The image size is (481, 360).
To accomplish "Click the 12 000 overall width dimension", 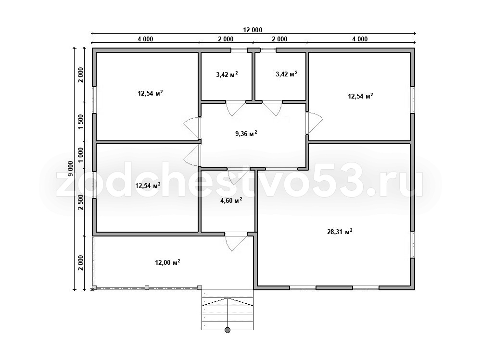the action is pyautogui.click(x=253, y=30).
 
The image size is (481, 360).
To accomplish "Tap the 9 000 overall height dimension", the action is pyautogui.click(x=71, y=168).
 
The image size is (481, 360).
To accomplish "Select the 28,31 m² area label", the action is pyautogui.click(x=340, y=232).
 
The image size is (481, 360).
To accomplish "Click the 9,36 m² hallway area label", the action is pyautogui.click(x=246, y=134).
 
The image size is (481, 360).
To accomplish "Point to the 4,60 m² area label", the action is pyautogui.click(x=231, y=200).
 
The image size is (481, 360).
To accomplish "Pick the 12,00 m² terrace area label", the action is pyautogui.click(x=167, y=262).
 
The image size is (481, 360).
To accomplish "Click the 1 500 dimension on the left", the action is pyautogui.click(x=81, y=122).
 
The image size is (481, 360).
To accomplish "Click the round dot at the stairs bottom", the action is pyautogui.click(x=228, y=330).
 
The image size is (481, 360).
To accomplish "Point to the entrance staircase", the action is pyautogui.click(x=228, y=310).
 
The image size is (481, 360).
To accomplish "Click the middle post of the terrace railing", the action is pyautogui.click(x=147, y=287).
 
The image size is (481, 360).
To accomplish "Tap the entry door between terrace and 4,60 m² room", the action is pyautogui.click(x=236, y=241).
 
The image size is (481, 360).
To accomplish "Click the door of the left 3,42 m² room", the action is pyautogui.click(x=236, y=108).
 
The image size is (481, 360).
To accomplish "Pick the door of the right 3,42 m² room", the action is pyautogui.click(x=272, y=108).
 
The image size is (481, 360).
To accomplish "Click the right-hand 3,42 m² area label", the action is pyautogui.click(x=287, y=74).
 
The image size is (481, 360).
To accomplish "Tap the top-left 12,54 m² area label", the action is pyautogui.click(x=150, y=93).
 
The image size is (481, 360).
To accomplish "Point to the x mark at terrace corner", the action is pyautogui.click(x=92, y=289).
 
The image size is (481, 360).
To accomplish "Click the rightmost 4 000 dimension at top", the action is pyautogui.click(x=360, y=39).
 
